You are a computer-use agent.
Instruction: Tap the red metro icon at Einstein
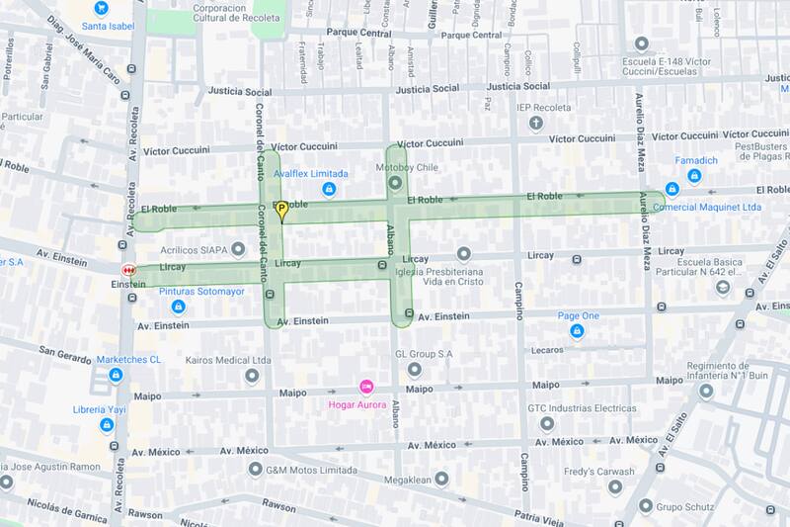click(127, 269)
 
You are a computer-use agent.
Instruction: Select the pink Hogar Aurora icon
click(364, 387)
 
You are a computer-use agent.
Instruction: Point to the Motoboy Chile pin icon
click(395, 184)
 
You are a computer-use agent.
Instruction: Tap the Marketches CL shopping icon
click(116, 375)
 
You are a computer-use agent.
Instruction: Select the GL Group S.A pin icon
click(414, 370)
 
